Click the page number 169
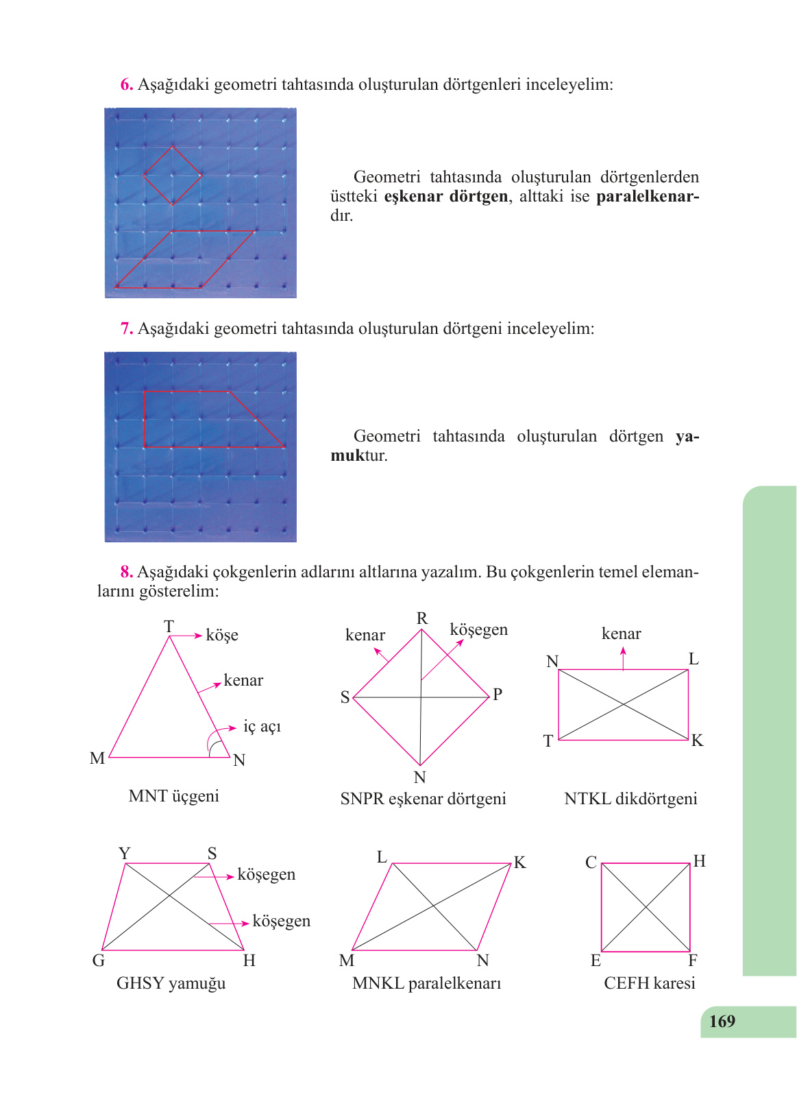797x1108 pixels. coord(722,1022)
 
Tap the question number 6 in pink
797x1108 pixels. coord(126,85)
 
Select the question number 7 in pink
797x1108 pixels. coord(126,329)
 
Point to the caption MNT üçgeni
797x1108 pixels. coord(173,796)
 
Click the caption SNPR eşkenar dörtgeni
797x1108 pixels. coord(423,799)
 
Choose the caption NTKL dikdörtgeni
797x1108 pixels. coord(630,799)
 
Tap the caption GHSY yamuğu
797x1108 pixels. coord(171,983)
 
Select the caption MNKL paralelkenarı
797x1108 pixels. coord(426,983)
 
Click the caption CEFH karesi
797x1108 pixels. coord(649,983)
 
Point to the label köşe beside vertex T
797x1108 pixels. coord(222,636)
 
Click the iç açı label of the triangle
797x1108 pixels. coord(262,727)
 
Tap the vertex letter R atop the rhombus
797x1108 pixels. coord(422,618)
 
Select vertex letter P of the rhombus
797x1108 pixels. coord(498,695)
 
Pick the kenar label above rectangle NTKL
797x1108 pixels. coord(621,634)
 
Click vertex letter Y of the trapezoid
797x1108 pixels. coord(124,854)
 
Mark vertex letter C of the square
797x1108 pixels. coord(591,863)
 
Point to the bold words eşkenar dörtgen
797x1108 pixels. coord(445,197)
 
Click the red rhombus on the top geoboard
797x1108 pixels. coord(172,176)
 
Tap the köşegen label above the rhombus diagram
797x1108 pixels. coord(478,629)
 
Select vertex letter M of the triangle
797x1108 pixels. coord(97,758)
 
